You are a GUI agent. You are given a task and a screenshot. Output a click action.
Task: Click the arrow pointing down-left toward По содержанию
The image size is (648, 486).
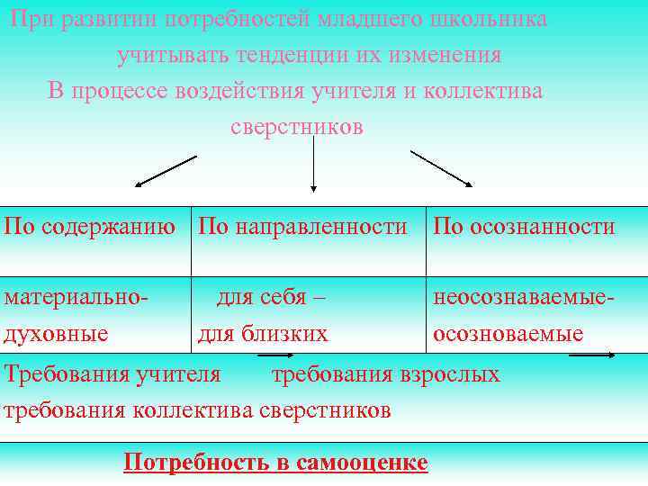pyautogui.click(x=165, y=171)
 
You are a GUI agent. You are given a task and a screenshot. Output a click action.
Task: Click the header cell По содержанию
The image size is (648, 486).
pyautogui.click(x=90, y=226)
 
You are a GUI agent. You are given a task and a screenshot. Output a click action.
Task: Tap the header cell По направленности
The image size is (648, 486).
pyautogui.click(x=302, y=226)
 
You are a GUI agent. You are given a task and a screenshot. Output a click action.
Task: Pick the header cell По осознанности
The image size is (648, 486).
pyautogui.click(x=524, y=226)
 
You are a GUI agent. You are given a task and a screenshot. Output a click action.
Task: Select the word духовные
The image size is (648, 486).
pyautogui.click(x=57, y=334)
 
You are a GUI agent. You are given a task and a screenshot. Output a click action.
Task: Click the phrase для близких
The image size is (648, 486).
pyautogui.click(x=263, y=334)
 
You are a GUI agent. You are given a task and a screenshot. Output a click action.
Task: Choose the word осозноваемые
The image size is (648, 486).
pyautogui.click(x=508, y=334)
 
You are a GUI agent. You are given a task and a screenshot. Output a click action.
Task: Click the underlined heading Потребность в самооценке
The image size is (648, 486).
pyautogui.click(x=275, y=463)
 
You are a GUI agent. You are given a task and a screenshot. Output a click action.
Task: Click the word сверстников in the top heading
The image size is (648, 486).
pyautogui.click(x=297, y=127)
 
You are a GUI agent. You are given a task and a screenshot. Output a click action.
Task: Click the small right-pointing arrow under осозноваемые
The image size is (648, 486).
pyautogui.click(x=592, y=356)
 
